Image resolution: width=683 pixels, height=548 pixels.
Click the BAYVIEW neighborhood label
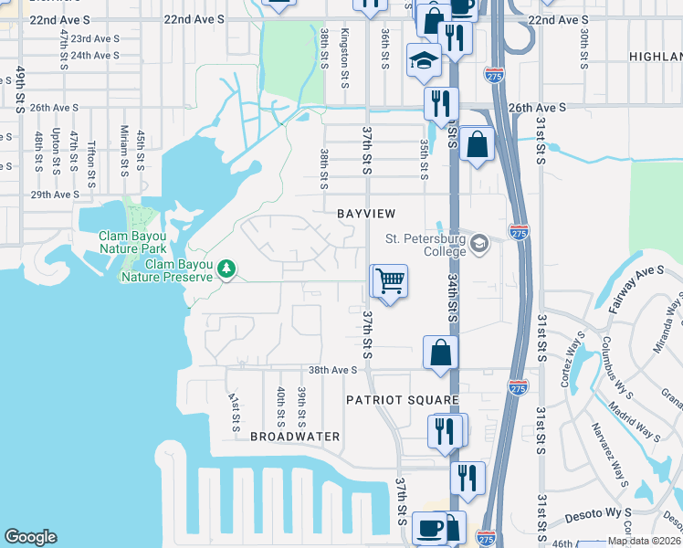coord(366,213)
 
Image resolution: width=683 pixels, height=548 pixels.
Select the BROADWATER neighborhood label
coord(295,437)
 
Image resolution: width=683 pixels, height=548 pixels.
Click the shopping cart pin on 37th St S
coord(389,281)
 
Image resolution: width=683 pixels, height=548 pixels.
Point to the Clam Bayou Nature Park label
coord(133,241)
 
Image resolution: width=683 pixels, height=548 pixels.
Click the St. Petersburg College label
coord(426,240)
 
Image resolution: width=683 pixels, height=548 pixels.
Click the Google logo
coord(30,537)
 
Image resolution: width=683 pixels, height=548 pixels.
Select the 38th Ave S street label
coord(332,370)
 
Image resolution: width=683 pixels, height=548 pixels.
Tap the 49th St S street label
coord(19,90)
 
